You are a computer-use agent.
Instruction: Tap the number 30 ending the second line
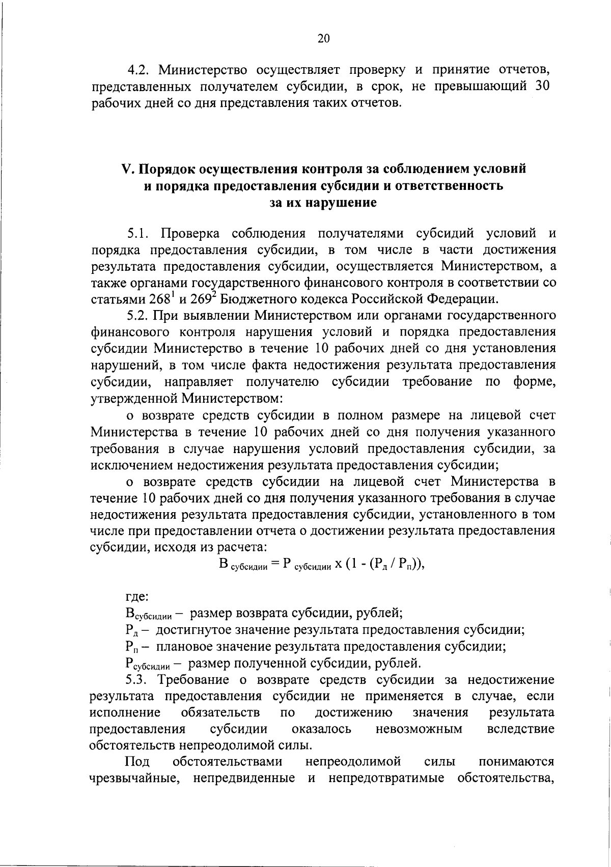(x=541, y=86)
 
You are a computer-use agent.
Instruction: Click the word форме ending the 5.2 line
(x=534, y=382)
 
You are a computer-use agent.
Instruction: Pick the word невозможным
(x=419, y=729)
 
